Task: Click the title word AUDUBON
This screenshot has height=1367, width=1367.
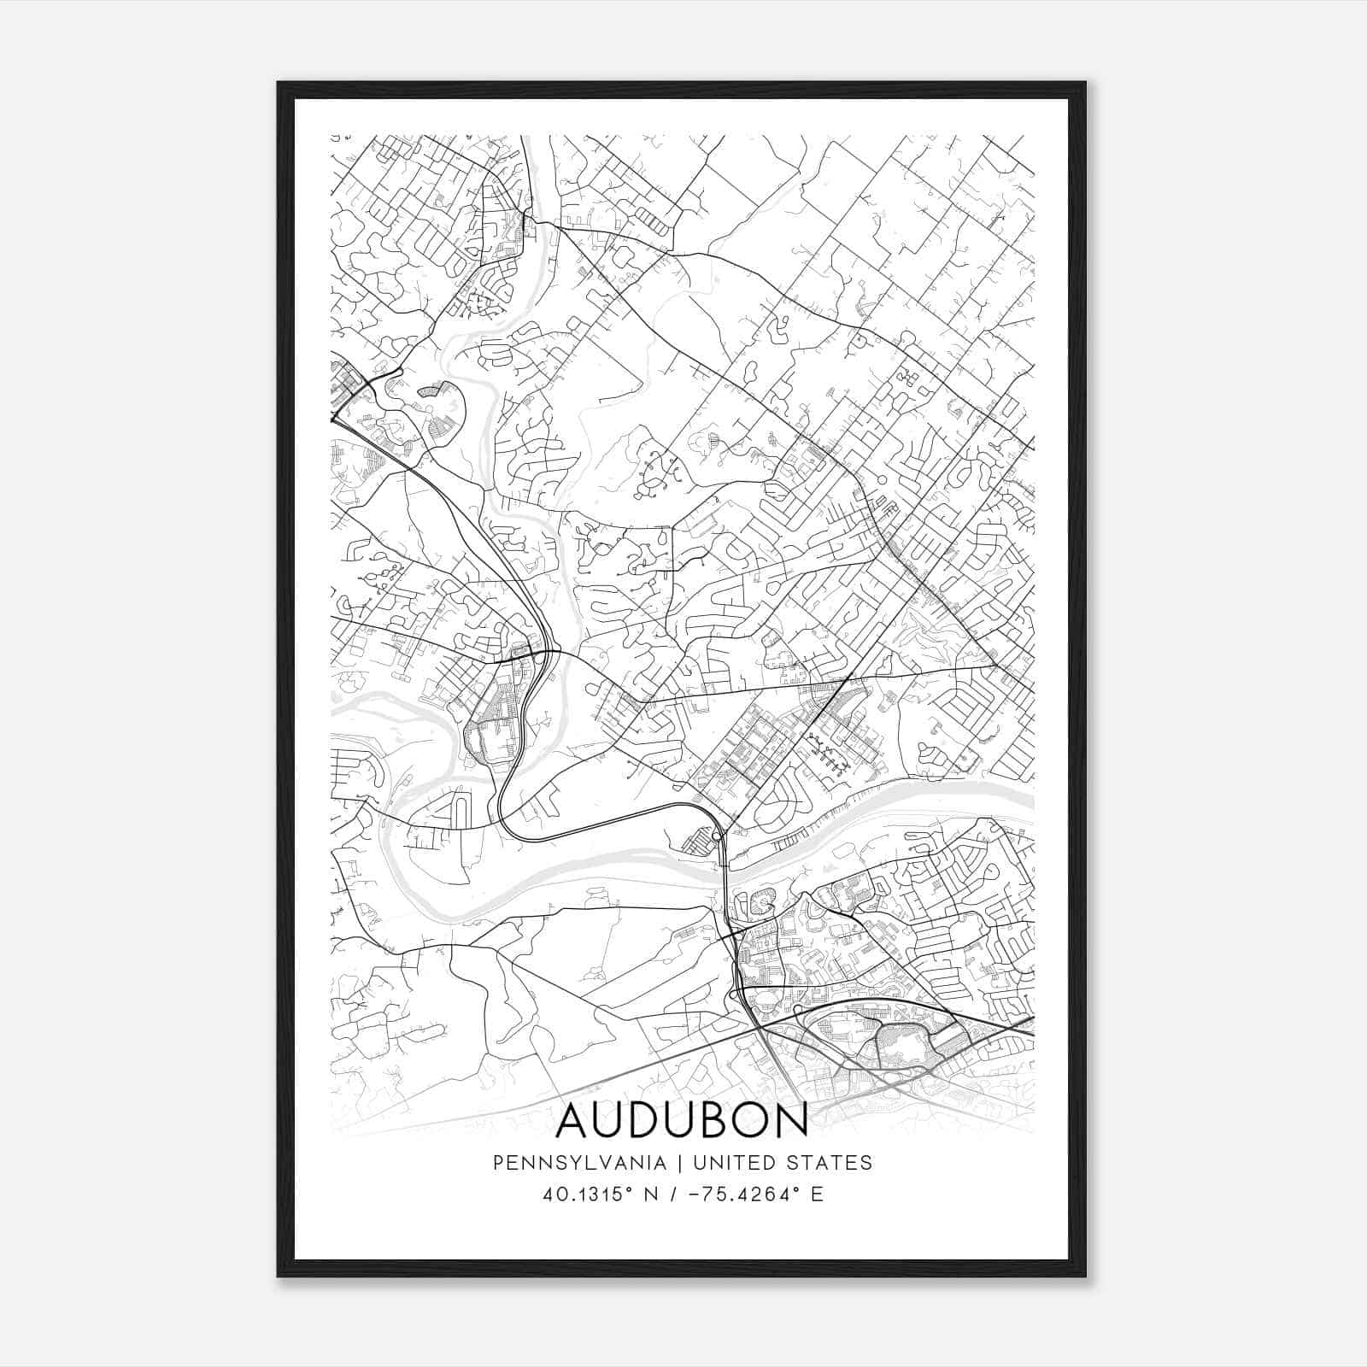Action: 682,1121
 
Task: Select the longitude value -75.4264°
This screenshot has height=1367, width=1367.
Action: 736,1194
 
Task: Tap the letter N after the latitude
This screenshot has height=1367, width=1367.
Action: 653,1194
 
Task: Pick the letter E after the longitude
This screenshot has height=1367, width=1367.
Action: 817,1194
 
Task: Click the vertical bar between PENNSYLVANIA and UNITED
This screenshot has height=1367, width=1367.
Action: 680,1163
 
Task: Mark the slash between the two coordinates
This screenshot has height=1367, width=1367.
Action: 675,1194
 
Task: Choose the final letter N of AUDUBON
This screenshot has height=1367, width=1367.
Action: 790,1121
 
